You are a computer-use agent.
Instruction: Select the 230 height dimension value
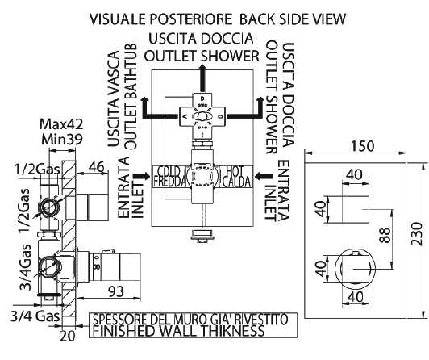pyautogui.click(x=417, y=234)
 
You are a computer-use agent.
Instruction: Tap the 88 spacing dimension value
pyautogui.click(x=385, y=235)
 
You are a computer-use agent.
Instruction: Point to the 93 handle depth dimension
pyautogui.click(x=117, y=292)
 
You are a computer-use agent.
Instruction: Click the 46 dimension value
pyautogui.click(x=97, y=167)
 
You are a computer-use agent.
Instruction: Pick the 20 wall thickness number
pyautogui.click(x=67, y=336)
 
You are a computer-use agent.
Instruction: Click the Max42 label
pyautogui.click(x=61, y=124)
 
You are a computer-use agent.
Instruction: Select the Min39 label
pyautogui.click(x=62, y=140)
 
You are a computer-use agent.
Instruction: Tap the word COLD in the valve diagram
pyautogui.click(x=169, y=171)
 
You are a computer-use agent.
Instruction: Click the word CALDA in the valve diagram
pyautogui.click(x=236, y=182)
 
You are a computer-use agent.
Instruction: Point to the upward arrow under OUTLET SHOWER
pyautogui.click(x=202, y=78)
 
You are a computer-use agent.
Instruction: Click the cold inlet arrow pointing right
pyautogui.click(x=142, y=177)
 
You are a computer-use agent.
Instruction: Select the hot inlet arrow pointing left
pyautogui.click(x=263, y=177)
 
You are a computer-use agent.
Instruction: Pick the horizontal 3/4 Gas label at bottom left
pyautogui.click(x=35, y=316)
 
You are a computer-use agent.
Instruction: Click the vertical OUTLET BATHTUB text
pyautogui.click(x=131, y=97)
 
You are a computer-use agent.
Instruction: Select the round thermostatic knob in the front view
pyautogui.click(x=353, y=269)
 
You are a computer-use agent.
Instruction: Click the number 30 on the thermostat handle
pyautogui.click(x=97, y=266)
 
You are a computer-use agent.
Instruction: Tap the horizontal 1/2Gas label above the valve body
pyautogui.click(x=37, y=170)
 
